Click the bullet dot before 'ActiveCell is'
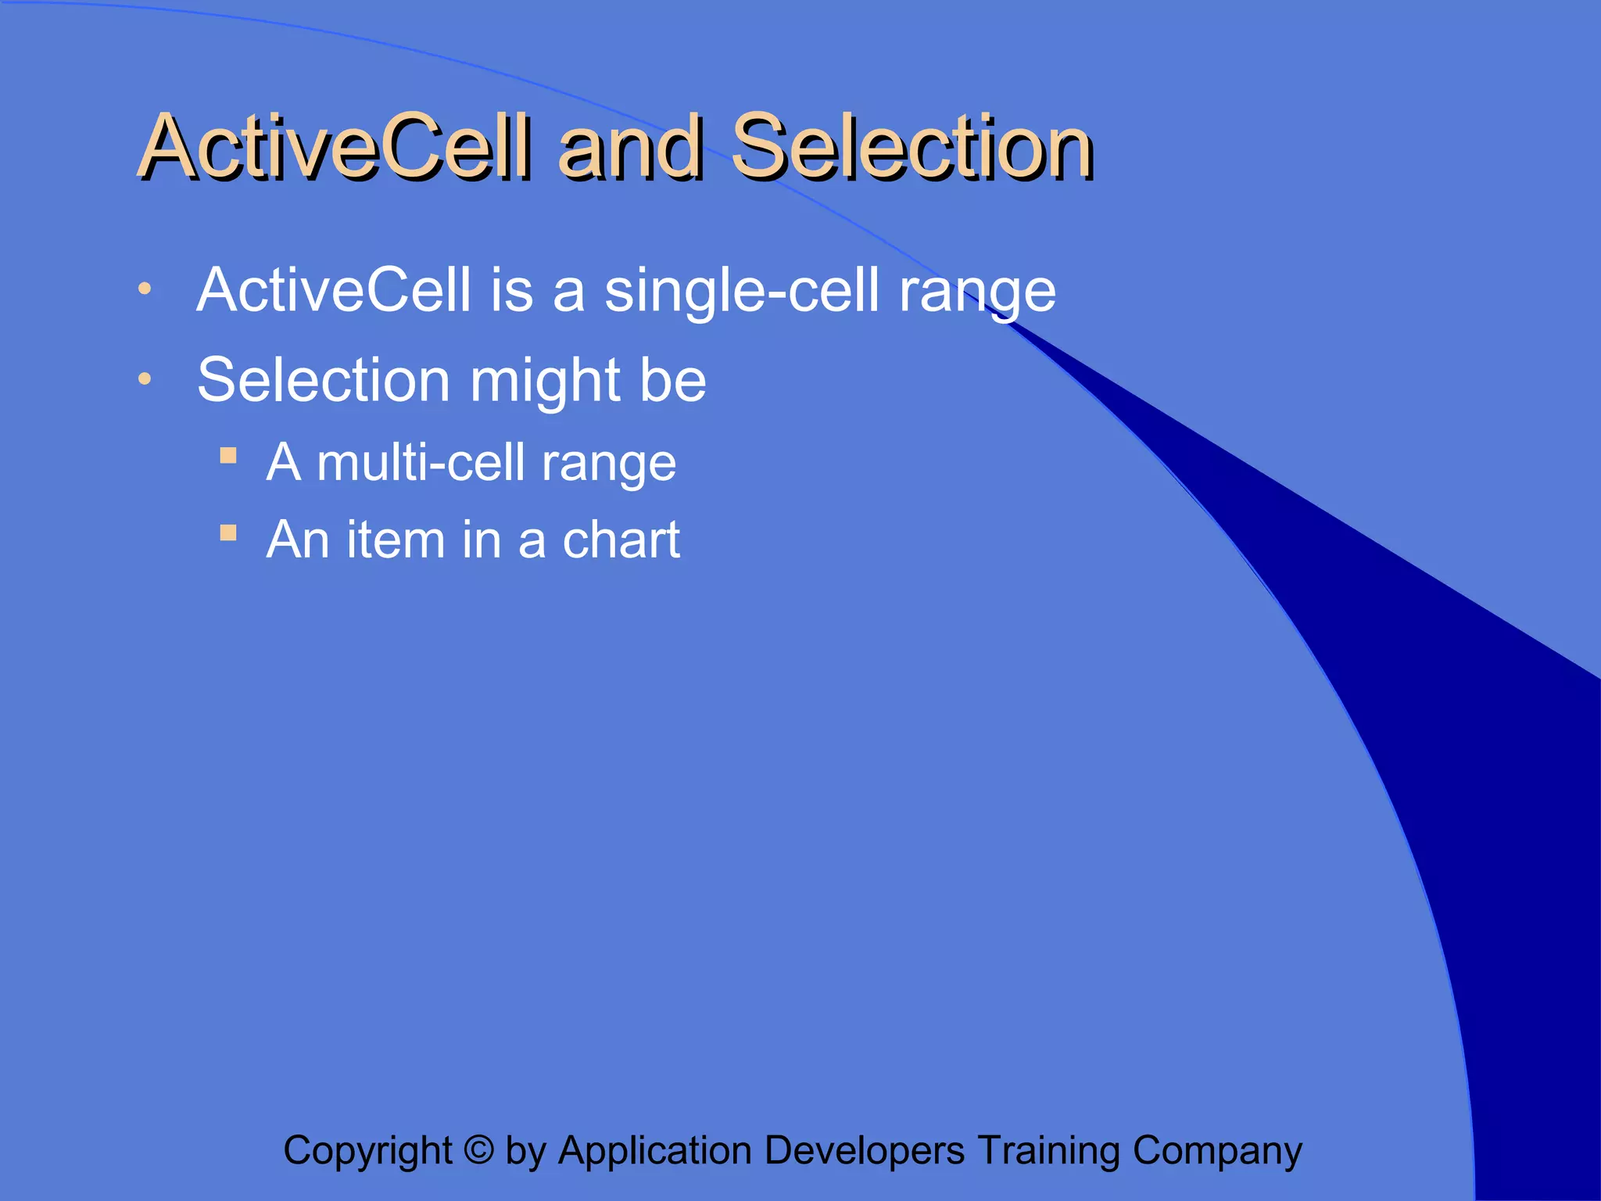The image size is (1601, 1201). pos(144,289)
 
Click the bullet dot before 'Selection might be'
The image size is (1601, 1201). pos(144,379)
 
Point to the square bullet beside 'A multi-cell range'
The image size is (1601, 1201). pos(228,456)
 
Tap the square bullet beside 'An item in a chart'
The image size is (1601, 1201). pos(228,533)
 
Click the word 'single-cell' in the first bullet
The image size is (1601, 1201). pos(742,291)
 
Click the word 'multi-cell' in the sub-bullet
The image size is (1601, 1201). pos(421,463)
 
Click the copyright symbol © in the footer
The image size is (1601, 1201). pos(478,1150)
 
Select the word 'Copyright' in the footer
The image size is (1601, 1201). pos(367,1152)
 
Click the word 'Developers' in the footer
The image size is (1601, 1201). pos(864,1152)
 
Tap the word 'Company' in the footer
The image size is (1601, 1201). pos(1217,1152)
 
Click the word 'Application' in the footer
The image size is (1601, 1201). pos(656,1152)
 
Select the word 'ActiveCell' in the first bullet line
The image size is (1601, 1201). pos(334,291)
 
